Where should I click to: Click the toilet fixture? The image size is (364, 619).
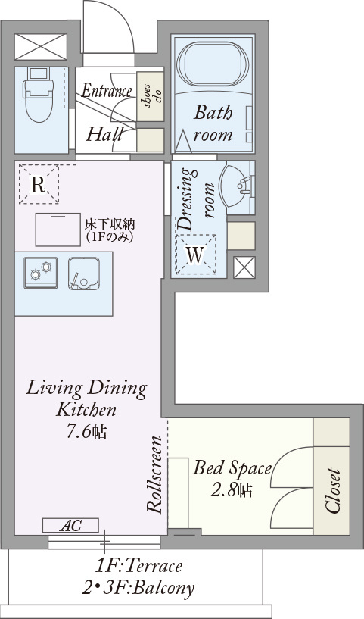click(39, 94)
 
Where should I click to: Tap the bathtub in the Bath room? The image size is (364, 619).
click(213, 64)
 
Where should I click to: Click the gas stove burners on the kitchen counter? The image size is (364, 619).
click(41, 273)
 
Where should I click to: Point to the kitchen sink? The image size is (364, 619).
click(83, 274)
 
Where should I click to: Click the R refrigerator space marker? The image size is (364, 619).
click(39, 184)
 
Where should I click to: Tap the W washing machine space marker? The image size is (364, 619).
click(195, 255)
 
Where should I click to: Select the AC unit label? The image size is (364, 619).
click(70, 526)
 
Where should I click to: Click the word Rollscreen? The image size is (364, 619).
click(154, 474)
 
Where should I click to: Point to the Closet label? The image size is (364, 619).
click(333, 491)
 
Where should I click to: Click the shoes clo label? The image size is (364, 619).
click(152, 96)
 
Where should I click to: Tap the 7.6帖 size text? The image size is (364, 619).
click(86, 433)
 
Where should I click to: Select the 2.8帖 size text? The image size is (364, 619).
click(231, 490)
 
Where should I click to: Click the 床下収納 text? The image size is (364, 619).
click(110, 224)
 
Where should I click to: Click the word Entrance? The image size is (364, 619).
click(107, 91)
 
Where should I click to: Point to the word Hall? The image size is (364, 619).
click(104, 135)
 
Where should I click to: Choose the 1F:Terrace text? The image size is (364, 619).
click(138, 566)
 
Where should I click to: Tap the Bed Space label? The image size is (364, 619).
click(232, 468)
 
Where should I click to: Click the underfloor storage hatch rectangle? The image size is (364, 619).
click(58, 230)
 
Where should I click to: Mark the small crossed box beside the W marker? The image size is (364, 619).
click(244, 267)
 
